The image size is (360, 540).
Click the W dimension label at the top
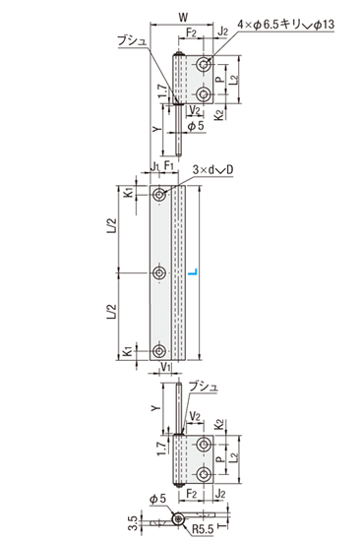[x=183, y=17]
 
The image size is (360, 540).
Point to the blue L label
[x=194, y=272]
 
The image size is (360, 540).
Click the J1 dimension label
[x=154, y=165]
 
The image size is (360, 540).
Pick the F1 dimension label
[x=169, y=165]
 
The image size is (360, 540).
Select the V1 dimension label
[x=166, y=367]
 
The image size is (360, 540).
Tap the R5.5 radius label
[x=203, y=528]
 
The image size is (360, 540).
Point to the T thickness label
[x=223, y=526]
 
